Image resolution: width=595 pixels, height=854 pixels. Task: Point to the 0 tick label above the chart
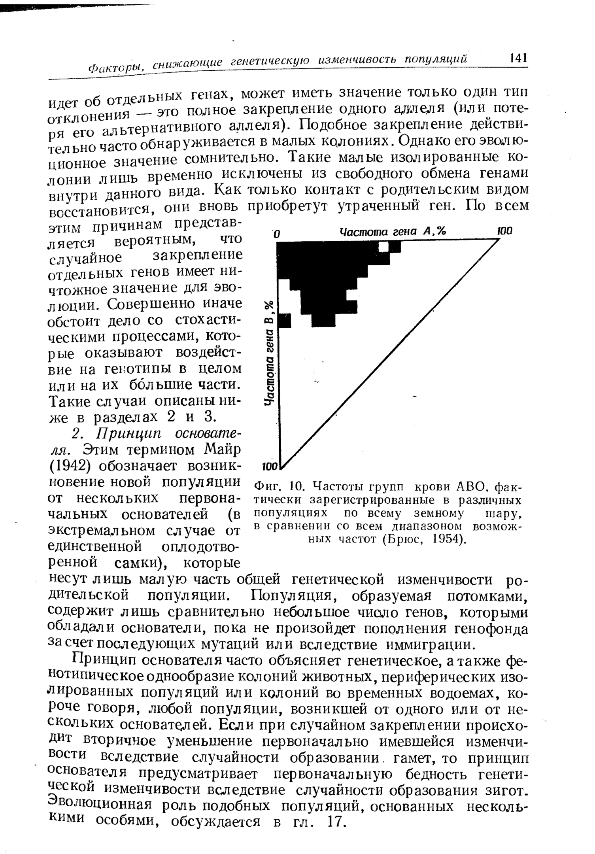(x=278, y=234)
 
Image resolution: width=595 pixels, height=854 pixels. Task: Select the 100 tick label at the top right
(x=504, y=231)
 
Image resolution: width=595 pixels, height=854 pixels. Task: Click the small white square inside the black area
(x=383, y=247)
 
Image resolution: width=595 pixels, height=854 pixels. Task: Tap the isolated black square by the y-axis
(x=285, y=321)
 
